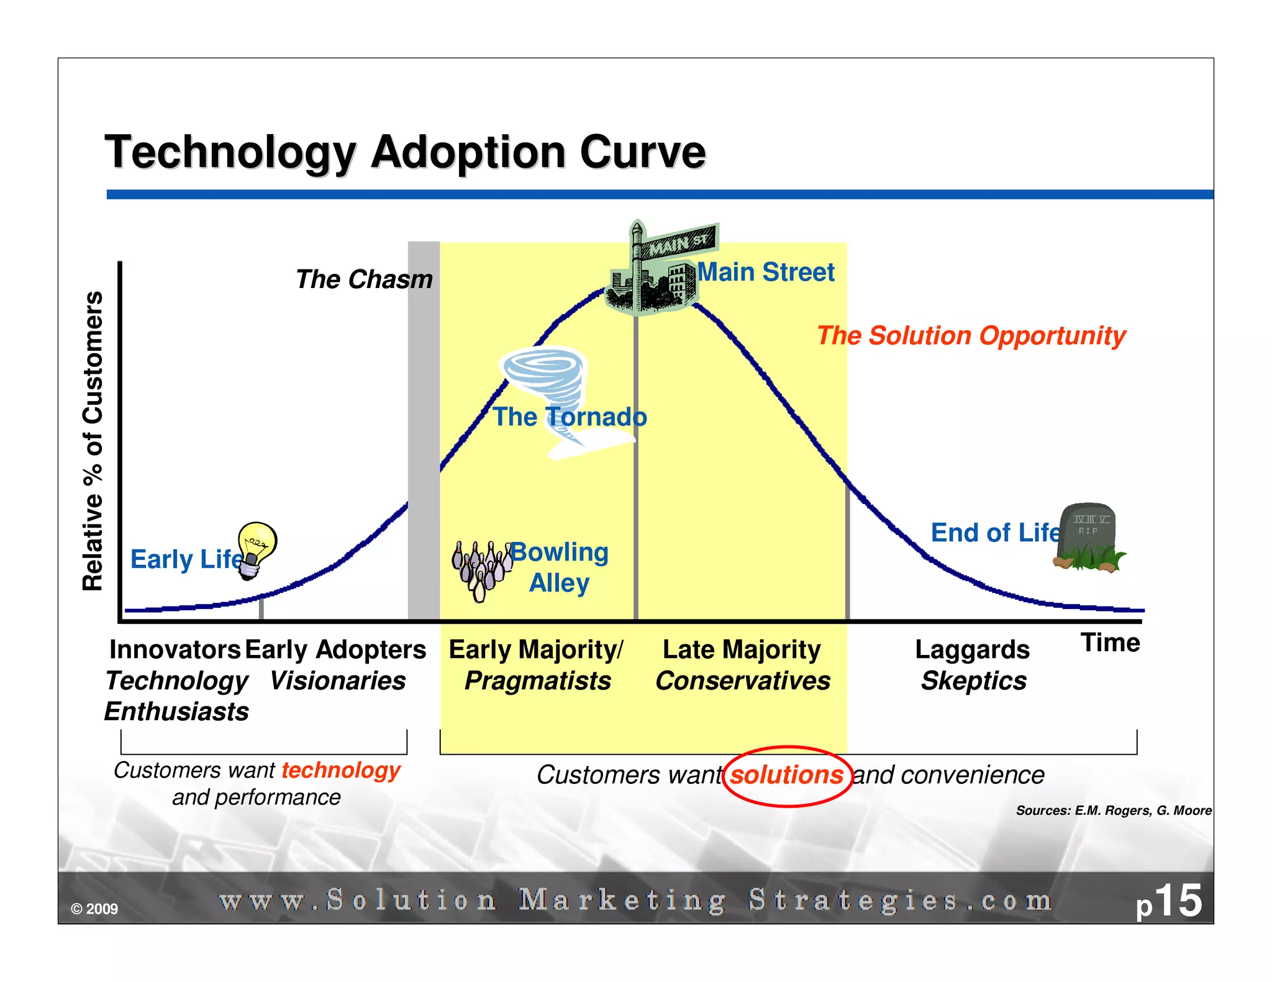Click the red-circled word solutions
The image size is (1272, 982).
(786, 775)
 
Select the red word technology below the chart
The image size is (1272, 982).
(340, 770)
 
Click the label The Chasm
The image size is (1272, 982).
(364, 279)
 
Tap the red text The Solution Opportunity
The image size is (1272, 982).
(971, 336)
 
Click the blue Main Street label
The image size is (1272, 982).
(766, 273)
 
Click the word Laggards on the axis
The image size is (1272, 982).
(972, 650)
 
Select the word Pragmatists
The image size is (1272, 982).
(538, 682)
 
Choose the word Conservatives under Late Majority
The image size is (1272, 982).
(743, 682)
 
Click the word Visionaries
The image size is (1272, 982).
(338, 682)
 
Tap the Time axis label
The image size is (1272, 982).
(1110, 643)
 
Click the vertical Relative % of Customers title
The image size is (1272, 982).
(93, 441)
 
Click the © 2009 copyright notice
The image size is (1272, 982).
(94, 909)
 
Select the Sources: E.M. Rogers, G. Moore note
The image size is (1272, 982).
(1113, 811)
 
